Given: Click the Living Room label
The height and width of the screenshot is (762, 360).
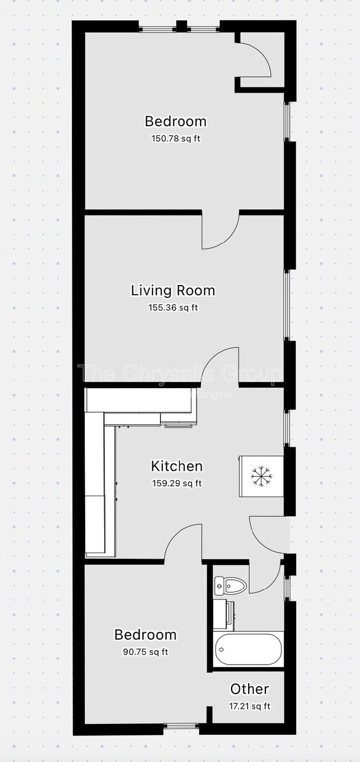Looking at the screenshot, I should [173, 290].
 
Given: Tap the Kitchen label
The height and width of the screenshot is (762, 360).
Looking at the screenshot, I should [177, 466].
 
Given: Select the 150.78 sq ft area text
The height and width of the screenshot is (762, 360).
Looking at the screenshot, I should [176, 138].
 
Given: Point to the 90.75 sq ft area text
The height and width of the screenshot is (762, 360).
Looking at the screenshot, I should [145, 652].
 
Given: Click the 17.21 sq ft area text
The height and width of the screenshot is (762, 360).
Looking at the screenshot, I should [249, 706].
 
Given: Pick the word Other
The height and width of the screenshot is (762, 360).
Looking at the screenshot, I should [249, 689].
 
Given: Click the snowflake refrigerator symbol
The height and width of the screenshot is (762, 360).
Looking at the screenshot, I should [261, 476].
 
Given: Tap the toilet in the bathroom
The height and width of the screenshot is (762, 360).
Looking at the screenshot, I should [230, 584].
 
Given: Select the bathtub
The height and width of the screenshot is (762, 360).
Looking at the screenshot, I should [248, 649].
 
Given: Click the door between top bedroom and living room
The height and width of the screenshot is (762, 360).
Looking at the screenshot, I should [220, 230].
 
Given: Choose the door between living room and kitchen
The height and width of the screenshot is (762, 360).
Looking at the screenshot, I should [220, 365].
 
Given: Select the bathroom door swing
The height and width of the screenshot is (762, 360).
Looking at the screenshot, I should [265, 576].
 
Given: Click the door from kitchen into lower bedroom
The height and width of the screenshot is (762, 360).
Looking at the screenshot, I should [183, 543].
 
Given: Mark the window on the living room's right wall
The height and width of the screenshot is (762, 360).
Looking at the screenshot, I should [286, 305].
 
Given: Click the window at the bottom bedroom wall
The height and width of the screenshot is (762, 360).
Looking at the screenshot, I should [181, 726].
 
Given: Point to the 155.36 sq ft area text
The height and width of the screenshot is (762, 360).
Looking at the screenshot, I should [173, 307].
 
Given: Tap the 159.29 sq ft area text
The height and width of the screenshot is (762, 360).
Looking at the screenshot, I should [177, 483].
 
